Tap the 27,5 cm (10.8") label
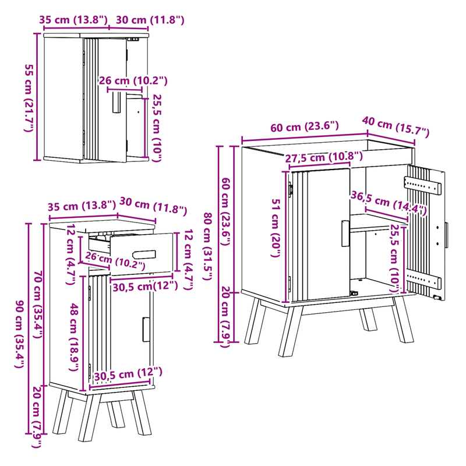pos(324,157)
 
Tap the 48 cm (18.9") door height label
pos(74,332)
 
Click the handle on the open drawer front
pos(144,253)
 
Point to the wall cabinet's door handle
pos(115,102)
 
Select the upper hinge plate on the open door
pos(420,183)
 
